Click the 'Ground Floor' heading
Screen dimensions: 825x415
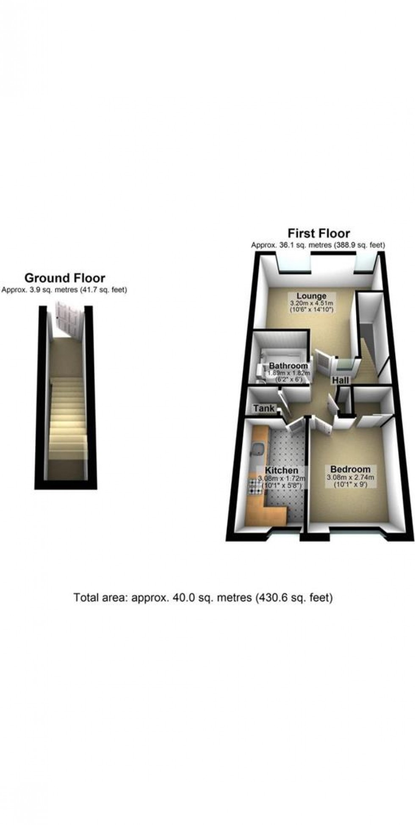click(x=65, y=278)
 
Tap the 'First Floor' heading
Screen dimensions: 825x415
click(x=318, y=233)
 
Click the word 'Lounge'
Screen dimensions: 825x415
click(x=311, y=296)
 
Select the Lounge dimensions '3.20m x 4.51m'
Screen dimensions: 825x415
click(x=311, y=303)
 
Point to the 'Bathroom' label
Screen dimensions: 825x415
click(x=288, y=366)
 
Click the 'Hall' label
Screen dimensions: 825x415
click(x=340, y=380)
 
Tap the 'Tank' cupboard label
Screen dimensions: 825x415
click(x=264, y=409)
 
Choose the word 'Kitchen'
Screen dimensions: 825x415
click(x=282, y=470)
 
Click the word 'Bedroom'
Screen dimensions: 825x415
click(x=350, y=469)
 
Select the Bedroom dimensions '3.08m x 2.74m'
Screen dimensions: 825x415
click(x=350, y=477)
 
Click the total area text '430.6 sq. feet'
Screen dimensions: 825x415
click(x=295, y=598)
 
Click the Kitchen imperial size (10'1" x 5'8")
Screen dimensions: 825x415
click(x=282, y=486)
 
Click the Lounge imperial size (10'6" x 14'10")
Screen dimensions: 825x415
click(x=312, y=310)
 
